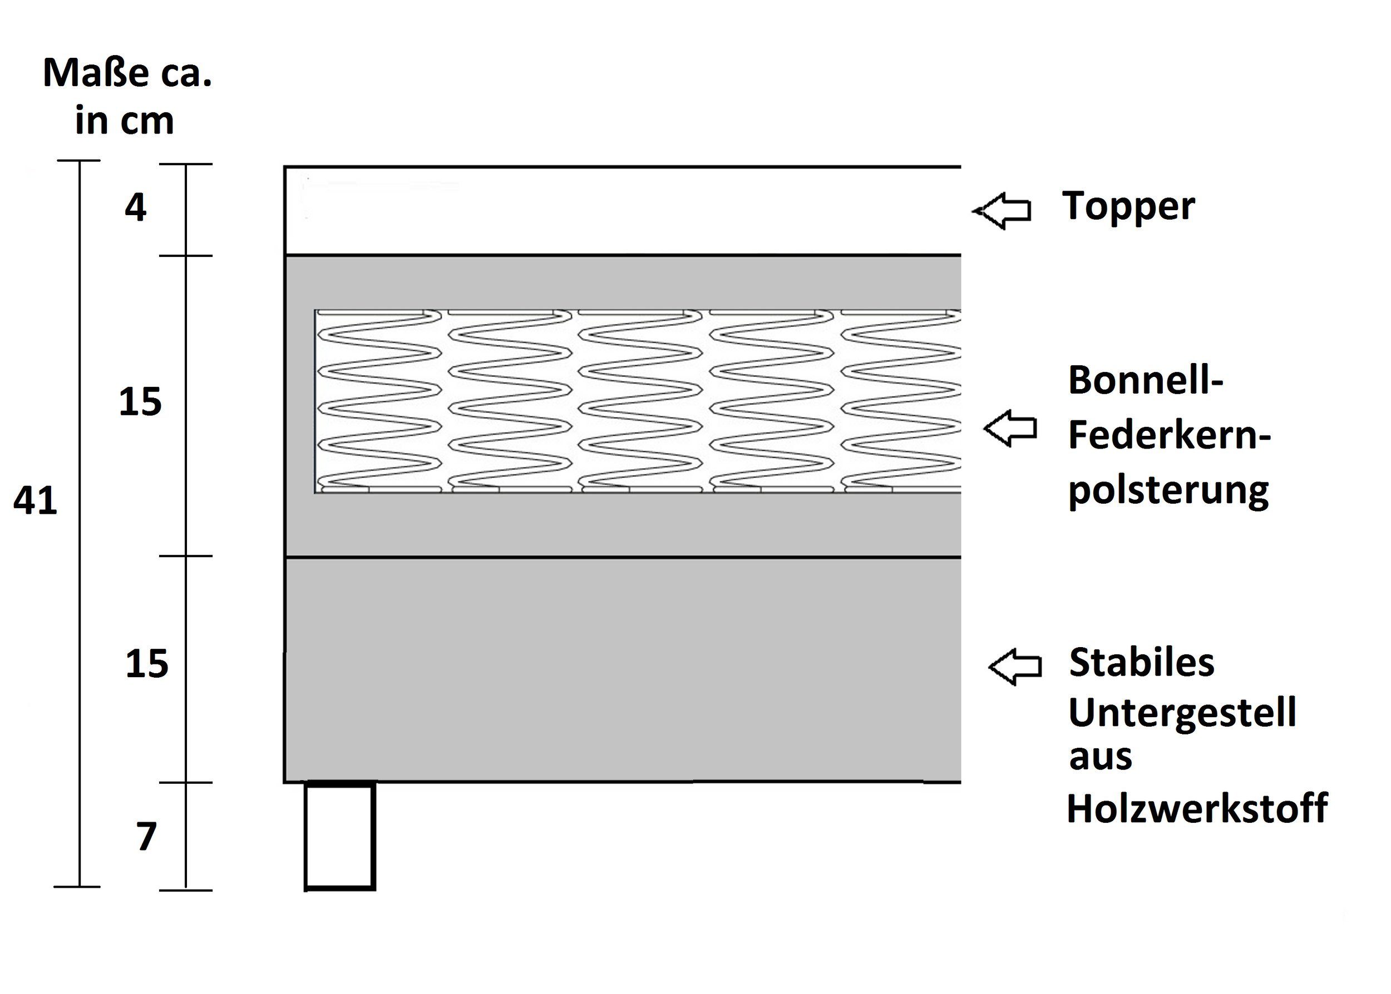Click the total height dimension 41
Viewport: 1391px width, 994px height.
point(35,501)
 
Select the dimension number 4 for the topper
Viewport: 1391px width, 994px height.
point(135,208)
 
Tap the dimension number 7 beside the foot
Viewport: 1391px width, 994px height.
point(146,837)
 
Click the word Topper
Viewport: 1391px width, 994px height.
point(1128,207)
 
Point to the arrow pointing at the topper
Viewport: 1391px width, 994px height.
point(1002,211)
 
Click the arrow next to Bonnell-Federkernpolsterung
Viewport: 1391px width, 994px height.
point(1010,429)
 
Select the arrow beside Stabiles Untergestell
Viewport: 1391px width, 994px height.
point(1015,667)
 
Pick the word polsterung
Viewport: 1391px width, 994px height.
point(1168,491)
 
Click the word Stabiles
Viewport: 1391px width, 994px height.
point(1141,663)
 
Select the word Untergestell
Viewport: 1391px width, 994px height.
point(1182,714)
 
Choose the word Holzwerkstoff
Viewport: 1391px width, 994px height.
point(1197,808)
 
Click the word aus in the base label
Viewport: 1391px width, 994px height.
point(1100,758)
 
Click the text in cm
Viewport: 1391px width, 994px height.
point(124,121)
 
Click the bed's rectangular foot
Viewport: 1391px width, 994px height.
point(339,837)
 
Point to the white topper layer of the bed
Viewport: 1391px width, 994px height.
point(621,211)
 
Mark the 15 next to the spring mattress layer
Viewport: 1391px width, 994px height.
point(140,402)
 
